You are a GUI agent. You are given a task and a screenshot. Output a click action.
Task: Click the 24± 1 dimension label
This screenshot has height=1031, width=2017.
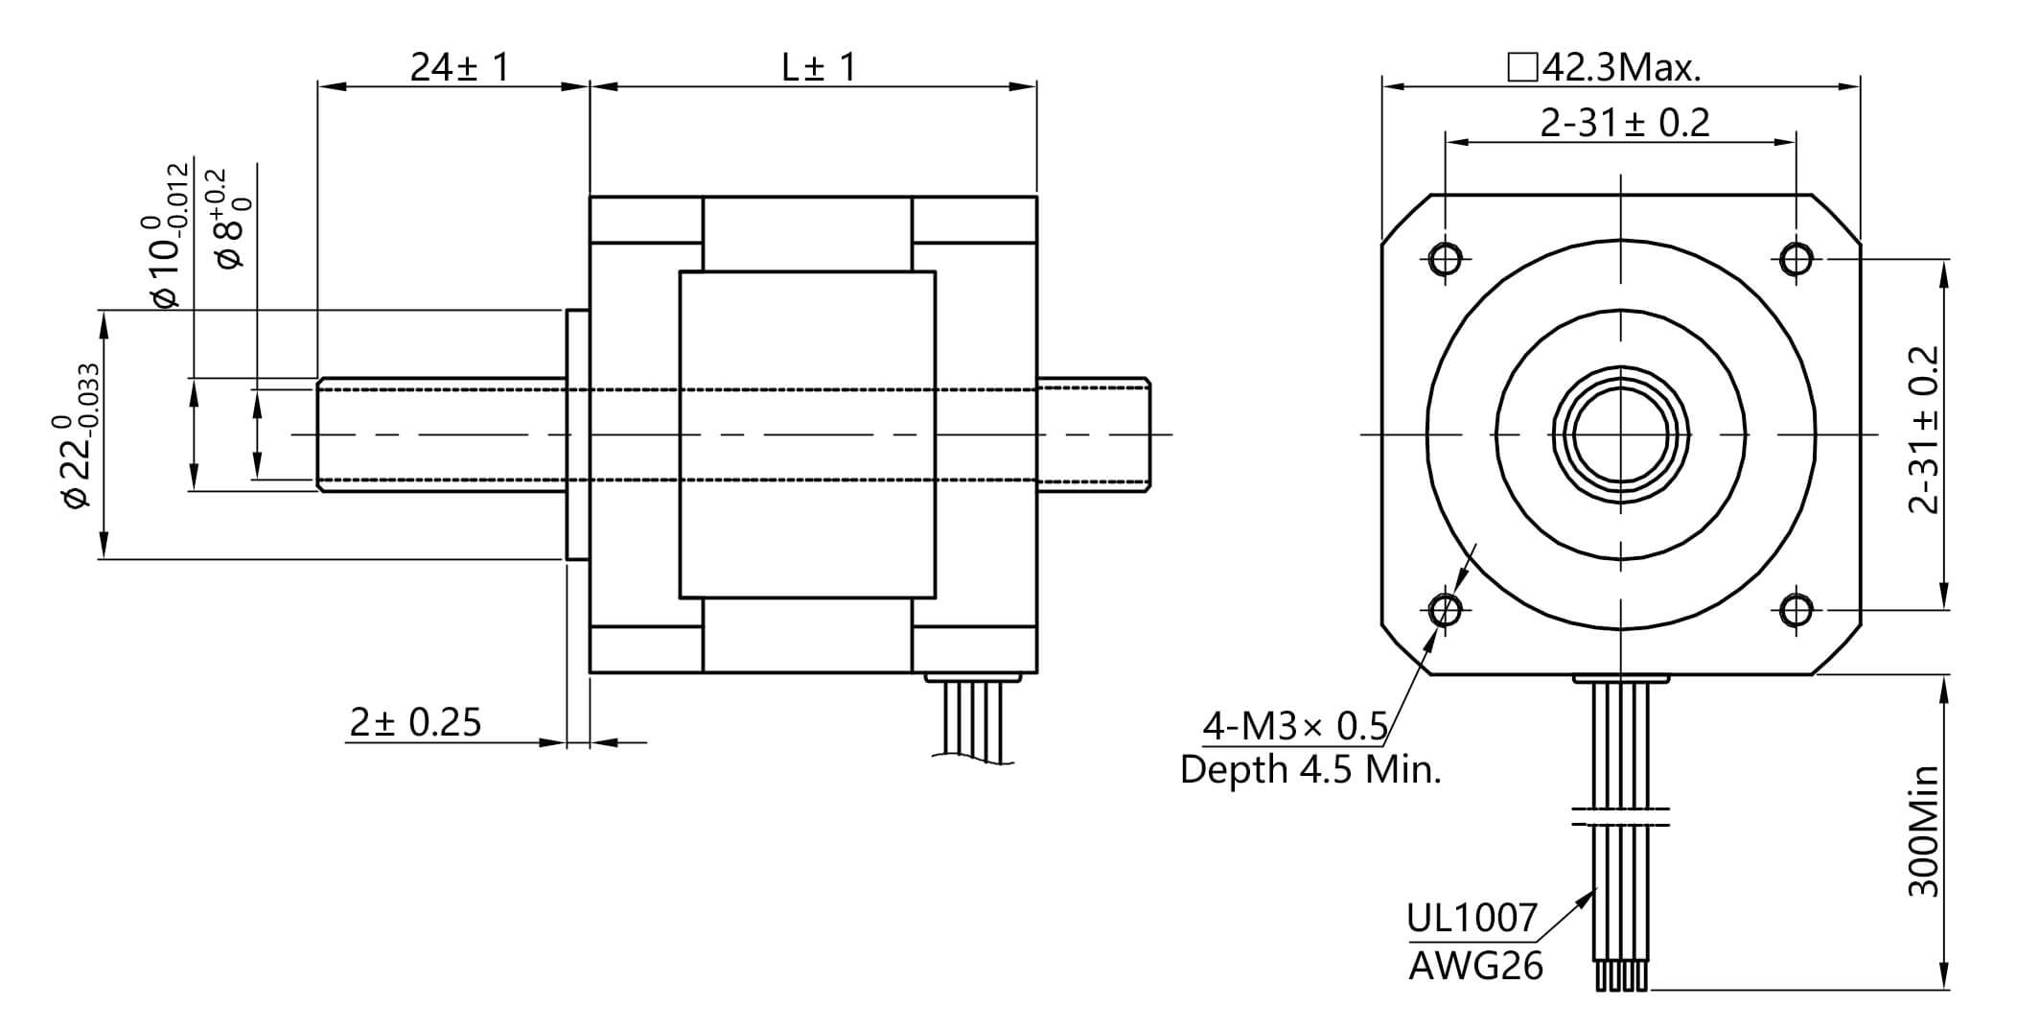(x=460, y=67)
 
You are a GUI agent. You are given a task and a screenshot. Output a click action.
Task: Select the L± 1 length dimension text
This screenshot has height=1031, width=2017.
(x=818, y=67)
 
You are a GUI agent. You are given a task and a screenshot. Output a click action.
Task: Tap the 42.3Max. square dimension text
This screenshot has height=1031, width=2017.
(x=1605, y=67)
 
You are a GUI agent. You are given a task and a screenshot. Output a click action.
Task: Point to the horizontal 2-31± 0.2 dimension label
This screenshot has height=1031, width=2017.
(x=1624, y=123)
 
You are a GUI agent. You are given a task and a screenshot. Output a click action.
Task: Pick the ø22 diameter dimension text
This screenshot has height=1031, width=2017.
(x=77, y=436)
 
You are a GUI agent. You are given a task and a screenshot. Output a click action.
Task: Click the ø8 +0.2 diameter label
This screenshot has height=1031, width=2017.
(x=231, y=219)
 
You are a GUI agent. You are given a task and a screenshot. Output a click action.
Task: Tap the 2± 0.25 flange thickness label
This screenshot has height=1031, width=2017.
(x=415, y=722)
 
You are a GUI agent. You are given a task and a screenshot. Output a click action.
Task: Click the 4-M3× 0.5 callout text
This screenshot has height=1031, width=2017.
(x=1294, y=727)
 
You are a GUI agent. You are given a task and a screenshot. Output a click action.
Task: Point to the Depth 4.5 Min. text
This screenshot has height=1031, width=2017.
(x=1310, y=769)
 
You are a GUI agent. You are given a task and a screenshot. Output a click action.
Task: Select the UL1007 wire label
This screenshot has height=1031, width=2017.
(x=1471, y=919)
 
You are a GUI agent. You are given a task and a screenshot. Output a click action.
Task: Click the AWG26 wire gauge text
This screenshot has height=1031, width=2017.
(x=1475, y=966)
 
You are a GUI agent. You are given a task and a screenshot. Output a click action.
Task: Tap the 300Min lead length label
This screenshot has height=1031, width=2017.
(x=1923, y=831)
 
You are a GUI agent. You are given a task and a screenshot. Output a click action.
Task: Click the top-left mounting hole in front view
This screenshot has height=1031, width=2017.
(x=1445, y=259)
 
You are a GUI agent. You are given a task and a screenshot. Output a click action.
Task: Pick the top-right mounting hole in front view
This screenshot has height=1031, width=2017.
(x=1796, y=259)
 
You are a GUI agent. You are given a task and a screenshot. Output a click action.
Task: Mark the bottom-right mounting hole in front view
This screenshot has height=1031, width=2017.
(x=1796, y=609)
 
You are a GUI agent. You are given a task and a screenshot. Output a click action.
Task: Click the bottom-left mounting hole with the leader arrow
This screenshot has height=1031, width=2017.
(x=1445, y=609)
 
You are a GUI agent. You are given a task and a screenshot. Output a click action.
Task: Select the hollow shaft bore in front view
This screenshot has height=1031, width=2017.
(x=1620, y=434)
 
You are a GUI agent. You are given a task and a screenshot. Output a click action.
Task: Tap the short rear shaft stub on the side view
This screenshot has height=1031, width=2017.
(x=1093, y=434)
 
